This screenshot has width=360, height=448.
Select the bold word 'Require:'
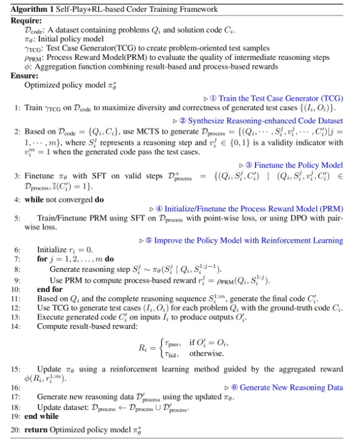coord(25,20)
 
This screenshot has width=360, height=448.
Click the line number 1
coord(17,108)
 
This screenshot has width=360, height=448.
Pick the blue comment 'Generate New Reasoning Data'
coord(290,388)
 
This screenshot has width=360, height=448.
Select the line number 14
coord(15,326)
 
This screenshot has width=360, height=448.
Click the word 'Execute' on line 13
coord(52,317)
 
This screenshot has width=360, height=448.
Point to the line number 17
coord(15,397)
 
